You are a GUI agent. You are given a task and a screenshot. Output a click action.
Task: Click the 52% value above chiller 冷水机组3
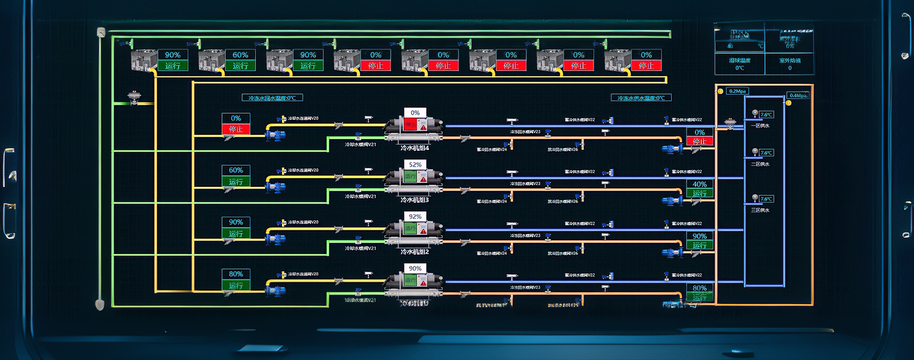(415, 165)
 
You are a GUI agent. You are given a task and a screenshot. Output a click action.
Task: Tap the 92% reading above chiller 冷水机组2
(415, 216)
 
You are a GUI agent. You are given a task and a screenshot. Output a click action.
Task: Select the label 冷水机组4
(414, 148)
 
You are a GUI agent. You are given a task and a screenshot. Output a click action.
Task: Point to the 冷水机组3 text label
(414, 200)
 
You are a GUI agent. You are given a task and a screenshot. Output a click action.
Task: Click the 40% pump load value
(700, 184)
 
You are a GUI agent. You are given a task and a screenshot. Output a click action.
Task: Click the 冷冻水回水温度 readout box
(272, 98)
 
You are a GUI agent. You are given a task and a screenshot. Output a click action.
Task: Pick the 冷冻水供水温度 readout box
(641, 98)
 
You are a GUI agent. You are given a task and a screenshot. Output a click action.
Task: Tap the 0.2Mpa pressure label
(737, 91)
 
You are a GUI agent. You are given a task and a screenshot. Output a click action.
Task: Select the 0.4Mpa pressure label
(798, 96)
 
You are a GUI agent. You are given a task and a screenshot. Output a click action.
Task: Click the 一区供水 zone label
(760, 126)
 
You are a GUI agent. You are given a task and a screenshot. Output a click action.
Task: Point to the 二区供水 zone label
(760, 164)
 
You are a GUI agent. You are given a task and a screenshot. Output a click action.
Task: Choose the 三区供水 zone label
(760, 210)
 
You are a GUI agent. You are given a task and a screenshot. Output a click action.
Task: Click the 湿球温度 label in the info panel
(740, 61)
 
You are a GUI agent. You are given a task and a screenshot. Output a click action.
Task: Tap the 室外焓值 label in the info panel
(790, 61)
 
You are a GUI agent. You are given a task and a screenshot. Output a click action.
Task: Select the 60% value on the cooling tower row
(240, 55)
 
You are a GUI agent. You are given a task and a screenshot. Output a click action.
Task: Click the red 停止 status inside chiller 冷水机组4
(410, 125)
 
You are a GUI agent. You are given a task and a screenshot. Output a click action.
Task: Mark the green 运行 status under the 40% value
(700, 193)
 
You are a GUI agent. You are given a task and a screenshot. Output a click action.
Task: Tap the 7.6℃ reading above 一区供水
(767, 115)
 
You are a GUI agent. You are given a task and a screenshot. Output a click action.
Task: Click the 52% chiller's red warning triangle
(424, 179)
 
